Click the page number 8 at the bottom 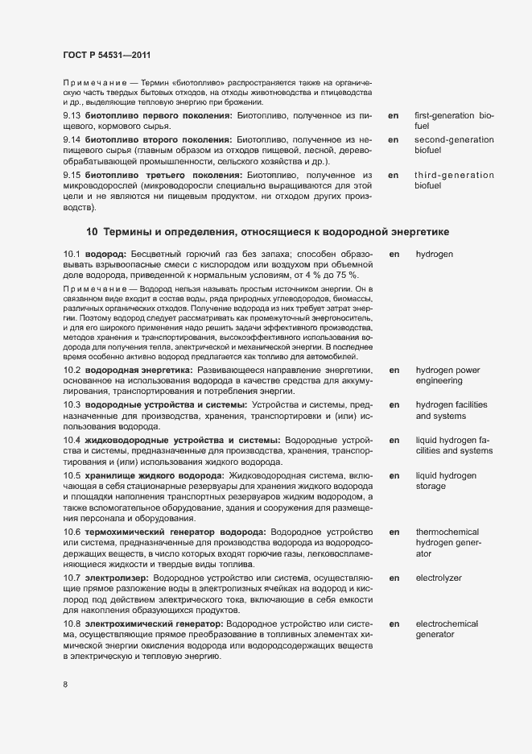[x=65, y=685]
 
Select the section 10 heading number [x=92, y=232]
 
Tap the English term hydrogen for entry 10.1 [x=435, y=254]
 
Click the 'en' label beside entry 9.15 [x=394, y=175]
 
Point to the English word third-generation [x=455, y=175]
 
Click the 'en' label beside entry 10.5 [x=394, y=475]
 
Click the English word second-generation [x=455, y=140]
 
